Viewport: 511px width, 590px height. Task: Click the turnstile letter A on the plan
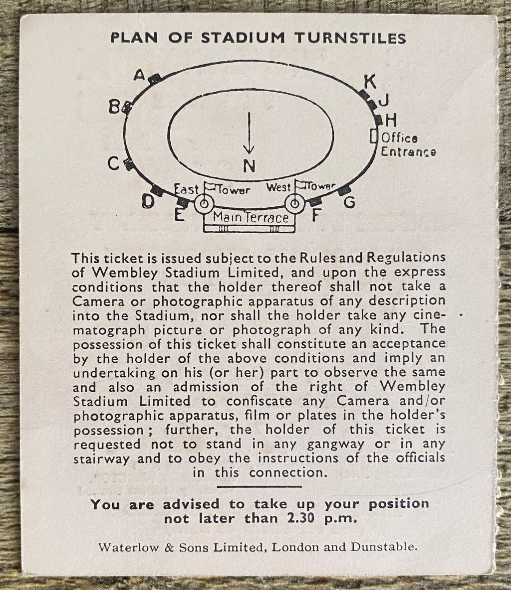coord(139,75)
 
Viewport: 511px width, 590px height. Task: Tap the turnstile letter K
coord(370,81)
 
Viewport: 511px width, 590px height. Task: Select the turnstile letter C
coord(113,163)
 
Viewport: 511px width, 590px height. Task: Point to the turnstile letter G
coord(349,202)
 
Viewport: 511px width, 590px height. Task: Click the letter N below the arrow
coord(249,166)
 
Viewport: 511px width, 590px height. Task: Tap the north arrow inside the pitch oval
coord(249,133)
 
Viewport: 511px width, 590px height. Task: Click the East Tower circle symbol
coord(204,204)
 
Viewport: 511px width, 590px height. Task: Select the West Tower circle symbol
coord(295,204)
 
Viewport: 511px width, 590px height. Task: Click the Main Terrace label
coord(251,217)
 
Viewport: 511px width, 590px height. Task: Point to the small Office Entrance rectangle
coord(373,136)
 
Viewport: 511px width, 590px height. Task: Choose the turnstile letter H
coord(391,121)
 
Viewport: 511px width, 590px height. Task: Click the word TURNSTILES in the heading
coord(350,38)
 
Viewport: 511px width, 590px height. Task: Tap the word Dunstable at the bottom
coord(384,547)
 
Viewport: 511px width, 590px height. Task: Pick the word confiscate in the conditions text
coord(259,401)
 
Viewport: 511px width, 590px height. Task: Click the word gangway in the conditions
coord(336,444)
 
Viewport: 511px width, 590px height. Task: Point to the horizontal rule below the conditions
coord(259,486)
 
